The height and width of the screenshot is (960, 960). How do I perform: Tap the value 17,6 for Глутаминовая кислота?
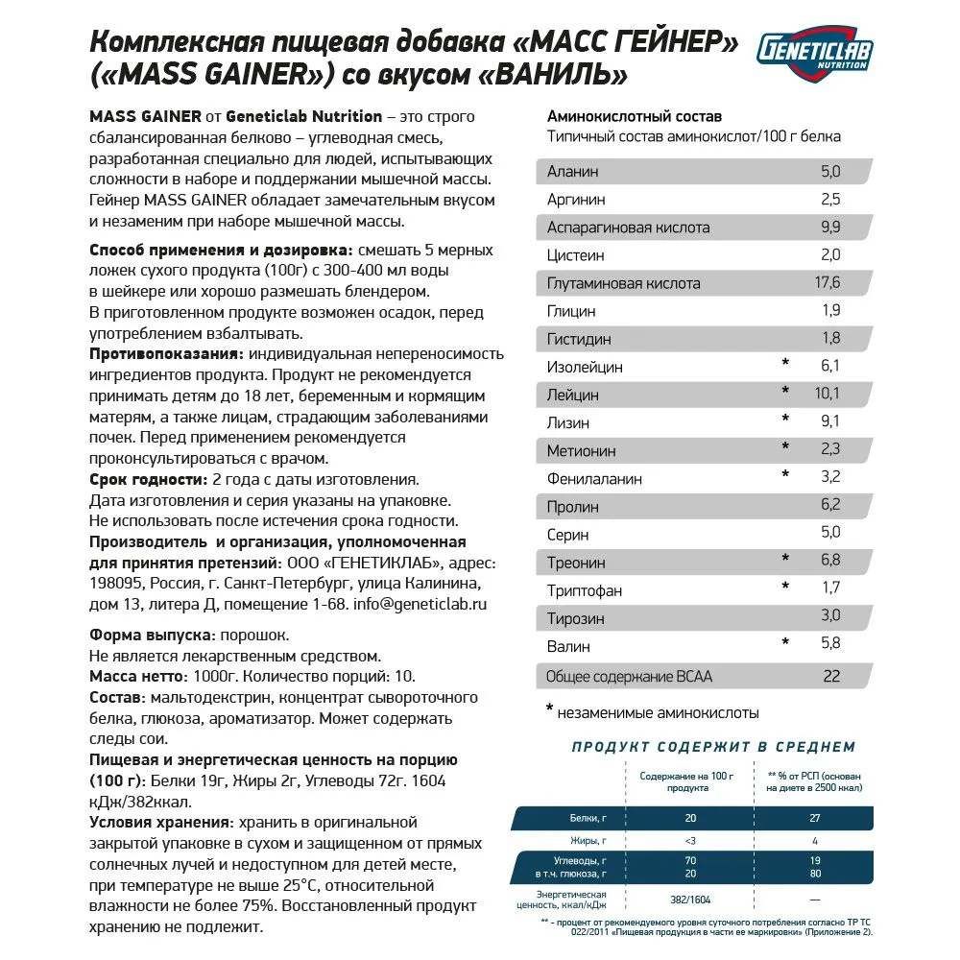pyautogui.click(x=827, y=283)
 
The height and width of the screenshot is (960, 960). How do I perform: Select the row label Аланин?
pyautogui.click(x=572, y=172)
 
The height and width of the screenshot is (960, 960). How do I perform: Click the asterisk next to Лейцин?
pyautogui.click(x=784, y=393)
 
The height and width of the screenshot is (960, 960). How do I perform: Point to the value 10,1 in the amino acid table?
pyautogui.click(x=826, y=394)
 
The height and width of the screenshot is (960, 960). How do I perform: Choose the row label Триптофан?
pyautogui.click(x=585, y=588)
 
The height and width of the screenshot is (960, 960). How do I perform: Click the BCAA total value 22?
pyautogui.click(x=831, y=676)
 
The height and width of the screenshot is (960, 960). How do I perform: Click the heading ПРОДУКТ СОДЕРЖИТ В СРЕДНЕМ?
pyautogui.click(x=713, y=747)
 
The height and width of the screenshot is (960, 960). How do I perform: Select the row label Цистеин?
pyautogui.click(x=576, y=255)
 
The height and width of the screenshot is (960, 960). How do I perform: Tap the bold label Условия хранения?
pyautogui.click(x=160, y=823)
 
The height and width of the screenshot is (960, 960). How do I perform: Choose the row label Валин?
pyautogui.click(x=569, y=646)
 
